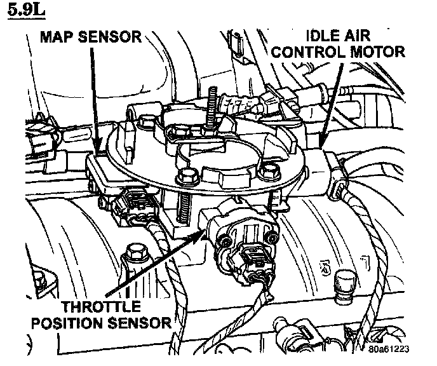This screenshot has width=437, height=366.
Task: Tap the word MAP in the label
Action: coord(55,36)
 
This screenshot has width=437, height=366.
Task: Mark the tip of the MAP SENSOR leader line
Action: coord(97,154)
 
